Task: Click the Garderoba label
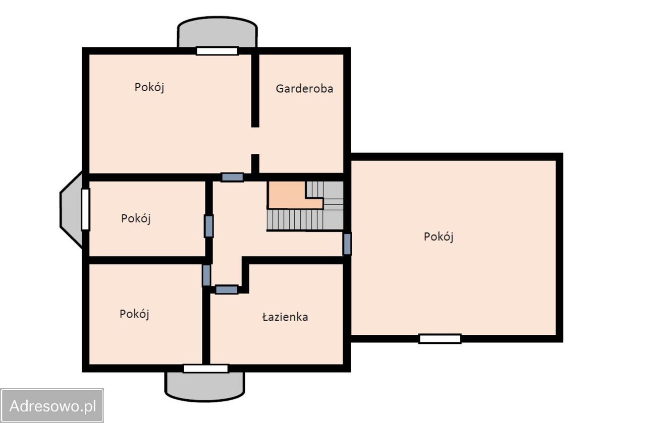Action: (x=304, y=89)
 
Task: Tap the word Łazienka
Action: (x=285, y=317)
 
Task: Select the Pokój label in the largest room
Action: (x=439, y=236)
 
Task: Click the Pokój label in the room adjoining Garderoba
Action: (x=149, y=87)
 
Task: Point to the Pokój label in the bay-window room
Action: (x=136, y=219)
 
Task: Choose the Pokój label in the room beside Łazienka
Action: (x=135, y=314)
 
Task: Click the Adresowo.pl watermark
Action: (x=52, y=405)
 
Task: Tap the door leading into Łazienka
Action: (x=227, y=289)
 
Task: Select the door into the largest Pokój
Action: (x=347, y=244)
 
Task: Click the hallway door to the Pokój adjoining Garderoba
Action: (x=232, y=177)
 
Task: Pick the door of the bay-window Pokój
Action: (x=208, y=226)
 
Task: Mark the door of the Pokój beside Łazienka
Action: (x=206, y=275)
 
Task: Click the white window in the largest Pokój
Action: (x=440, y=339)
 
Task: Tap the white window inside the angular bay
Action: (x=85, y=209)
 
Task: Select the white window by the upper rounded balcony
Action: (x=217, y=51)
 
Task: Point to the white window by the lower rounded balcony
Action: (x=205, y=369)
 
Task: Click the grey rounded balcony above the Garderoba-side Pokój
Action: (x=217, y=33)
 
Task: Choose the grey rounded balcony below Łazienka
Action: (x=205, y=386)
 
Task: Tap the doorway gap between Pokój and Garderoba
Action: (x=255, y=141)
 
